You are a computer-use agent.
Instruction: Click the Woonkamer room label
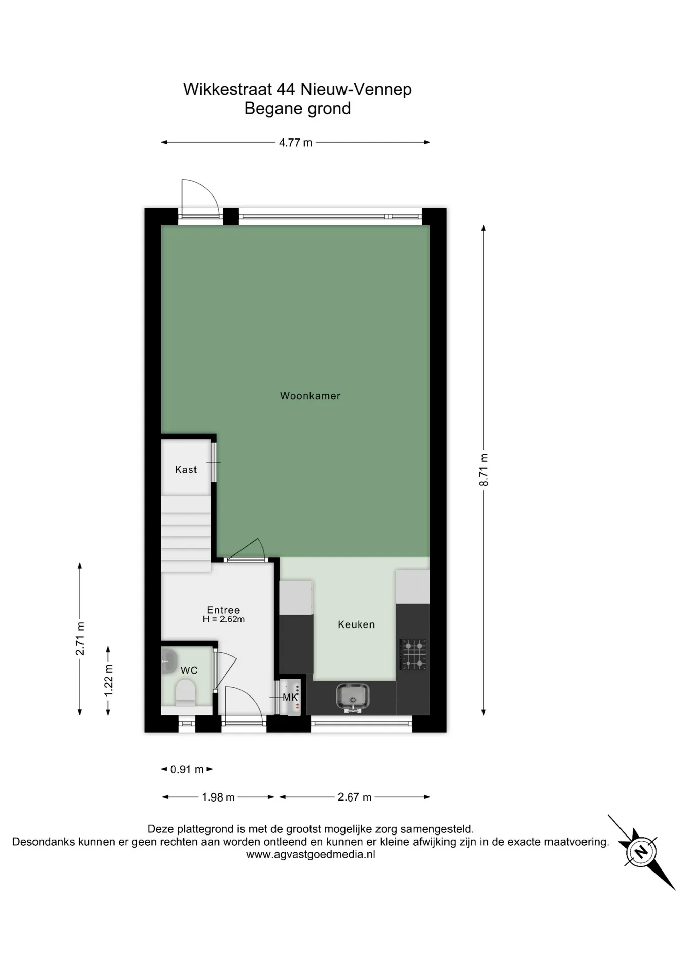[310, 396]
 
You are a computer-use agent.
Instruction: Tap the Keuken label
[356, 624]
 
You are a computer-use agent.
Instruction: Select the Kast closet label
[186, 470]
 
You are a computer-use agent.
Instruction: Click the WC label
[189, 670]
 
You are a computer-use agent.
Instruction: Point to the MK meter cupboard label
[290, 697]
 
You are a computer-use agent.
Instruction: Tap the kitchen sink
[353, 697]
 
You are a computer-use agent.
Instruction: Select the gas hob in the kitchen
[413, 654]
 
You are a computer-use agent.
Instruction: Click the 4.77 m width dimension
[296, 143]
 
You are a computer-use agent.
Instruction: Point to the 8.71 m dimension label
[484, 470]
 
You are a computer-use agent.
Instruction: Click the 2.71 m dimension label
[80, 638]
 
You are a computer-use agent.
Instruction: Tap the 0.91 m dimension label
[187, 769]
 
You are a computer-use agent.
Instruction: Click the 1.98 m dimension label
[218, 797]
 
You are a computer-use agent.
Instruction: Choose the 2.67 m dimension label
[355, 797]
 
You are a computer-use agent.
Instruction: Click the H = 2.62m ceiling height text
[224, 619]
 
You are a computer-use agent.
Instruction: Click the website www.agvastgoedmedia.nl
[311, 854]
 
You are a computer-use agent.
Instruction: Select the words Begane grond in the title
[297, 109]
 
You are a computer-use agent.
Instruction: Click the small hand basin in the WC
[168, 662]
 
